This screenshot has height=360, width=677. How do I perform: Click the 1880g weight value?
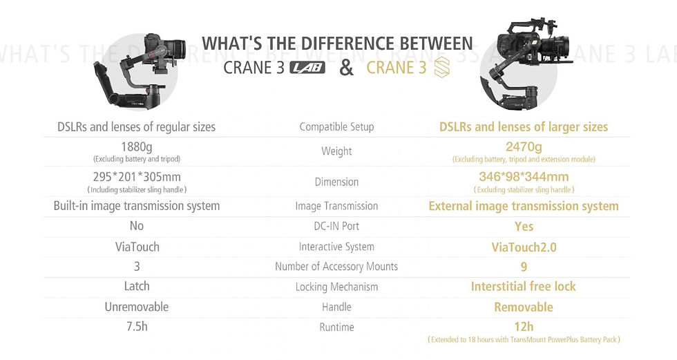[137, 147]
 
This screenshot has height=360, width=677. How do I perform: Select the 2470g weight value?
[524, 147]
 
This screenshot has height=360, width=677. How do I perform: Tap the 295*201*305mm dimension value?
[137, 177]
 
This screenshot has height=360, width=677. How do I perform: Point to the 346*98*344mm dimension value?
[524, 177]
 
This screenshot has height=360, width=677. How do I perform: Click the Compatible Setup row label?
[337, 127]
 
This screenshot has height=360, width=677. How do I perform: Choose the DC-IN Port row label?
[336, 226]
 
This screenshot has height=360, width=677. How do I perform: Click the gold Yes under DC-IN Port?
[524, 226]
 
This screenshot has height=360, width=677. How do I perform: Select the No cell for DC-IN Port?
[137, 226]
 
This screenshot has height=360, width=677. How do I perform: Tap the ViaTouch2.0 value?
[524, 247]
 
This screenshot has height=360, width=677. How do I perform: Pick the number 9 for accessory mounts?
[524, 267]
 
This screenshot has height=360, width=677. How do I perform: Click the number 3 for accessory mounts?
[137, 266]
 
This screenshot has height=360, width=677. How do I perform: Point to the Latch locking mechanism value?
[137, 286]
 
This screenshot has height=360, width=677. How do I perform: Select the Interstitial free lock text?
[524, 286]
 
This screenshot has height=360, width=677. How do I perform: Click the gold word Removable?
[524, 307]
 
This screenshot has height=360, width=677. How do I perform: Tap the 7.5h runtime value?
[137, 326]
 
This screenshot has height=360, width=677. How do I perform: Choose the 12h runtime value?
[524, 327]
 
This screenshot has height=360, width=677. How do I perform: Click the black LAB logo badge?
[307, 68]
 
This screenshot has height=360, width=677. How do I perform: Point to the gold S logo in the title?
[441, 68]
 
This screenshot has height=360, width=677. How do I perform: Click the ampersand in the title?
[346, 68]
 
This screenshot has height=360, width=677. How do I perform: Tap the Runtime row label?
[337, 328]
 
